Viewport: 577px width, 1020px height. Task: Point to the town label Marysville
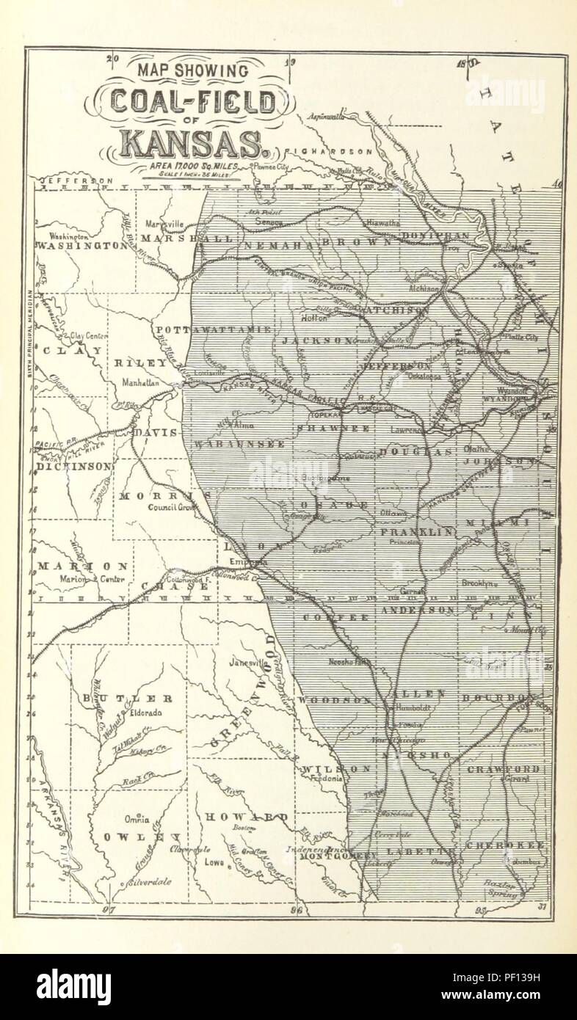164,223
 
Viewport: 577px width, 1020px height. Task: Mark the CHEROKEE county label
505,845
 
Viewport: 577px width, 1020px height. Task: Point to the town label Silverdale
152,882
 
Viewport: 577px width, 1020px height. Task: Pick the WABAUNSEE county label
228,444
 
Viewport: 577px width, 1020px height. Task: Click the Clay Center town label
89,336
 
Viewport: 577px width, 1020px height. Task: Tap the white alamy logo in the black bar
74,987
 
